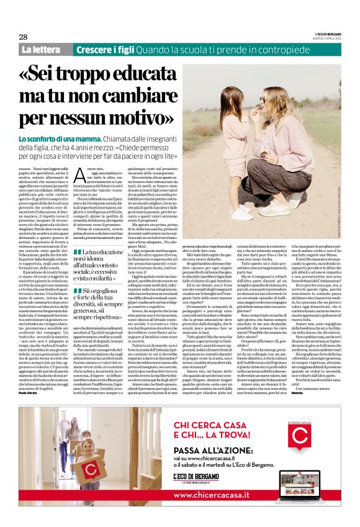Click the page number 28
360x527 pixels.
tap(23, 37)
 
